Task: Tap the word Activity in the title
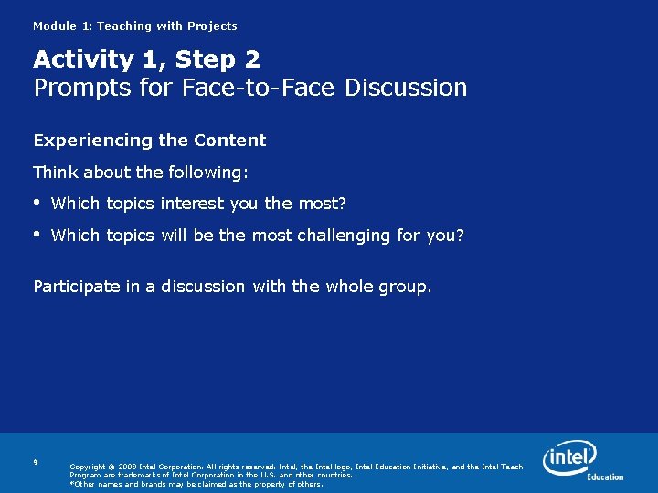(x=82, y=60)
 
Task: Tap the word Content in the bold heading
(x=229, y=141)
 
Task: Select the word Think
(x=55, y=173)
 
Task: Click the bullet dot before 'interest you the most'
(x=37, y=202)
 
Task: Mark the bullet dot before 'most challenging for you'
(x=37, y=234)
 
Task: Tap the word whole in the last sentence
(x=350, y=287)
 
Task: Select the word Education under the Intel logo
(x=605, y=477)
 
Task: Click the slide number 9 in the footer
(x=36, y=463)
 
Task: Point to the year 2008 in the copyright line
(x=127, y=467)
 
